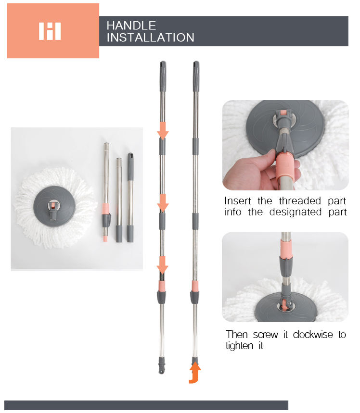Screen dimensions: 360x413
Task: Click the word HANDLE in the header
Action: pos(131,25)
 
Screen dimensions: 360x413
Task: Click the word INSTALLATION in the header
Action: pos(150,38)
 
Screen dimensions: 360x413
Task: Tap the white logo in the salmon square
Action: pos(50,31)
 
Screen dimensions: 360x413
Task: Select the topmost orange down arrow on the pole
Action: pos(163,131)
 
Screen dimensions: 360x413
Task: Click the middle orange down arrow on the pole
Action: pos(163,203)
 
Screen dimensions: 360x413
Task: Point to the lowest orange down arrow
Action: pos(163,265)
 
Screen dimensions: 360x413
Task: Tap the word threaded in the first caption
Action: pos(300,200)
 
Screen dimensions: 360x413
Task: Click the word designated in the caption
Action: pos(296,212)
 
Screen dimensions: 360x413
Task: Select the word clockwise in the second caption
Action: pos(313,335)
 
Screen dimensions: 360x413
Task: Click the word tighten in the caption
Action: pos(239,346)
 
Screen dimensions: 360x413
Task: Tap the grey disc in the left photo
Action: pos(54,206)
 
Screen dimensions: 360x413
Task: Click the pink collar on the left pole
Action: pos(162,286)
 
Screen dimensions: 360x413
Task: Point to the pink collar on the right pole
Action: pos(195,286)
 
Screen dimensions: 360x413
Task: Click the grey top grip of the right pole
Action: pos(196,76)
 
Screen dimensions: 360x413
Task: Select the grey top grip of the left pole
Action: pos(163,76)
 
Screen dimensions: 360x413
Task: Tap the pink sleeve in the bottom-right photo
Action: pos(286,249)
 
